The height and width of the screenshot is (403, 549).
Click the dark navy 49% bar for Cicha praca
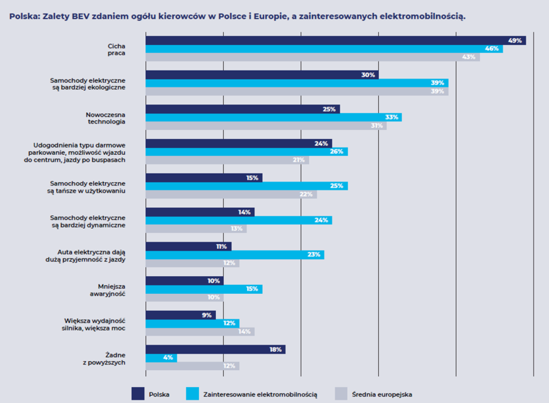coord(335,40)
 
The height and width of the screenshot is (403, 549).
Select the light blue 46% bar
coord(324,49)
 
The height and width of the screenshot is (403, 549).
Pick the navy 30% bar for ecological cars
coord(262,74)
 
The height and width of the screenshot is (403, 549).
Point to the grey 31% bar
coord(266,126)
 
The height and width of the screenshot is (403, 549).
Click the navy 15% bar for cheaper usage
coord(204,177)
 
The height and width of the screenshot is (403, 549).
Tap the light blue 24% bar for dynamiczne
coord(239,220)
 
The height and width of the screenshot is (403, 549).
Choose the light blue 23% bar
coord(235,255)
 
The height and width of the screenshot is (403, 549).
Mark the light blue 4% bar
coord(161,358)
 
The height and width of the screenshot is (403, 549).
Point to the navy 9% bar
coord(181,315)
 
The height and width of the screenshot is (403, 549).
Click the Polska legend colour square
coord(138,394)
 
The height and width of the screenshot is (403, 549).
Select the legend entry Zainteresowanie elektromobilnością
coord(260,394)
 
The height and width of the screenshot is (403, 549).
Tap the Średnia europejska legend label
coord(382,394)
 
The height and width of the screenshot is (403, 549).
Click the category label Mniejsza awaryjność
coord(112,289)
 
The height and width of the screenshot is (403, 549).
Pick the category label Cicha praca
coord(116,49)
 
